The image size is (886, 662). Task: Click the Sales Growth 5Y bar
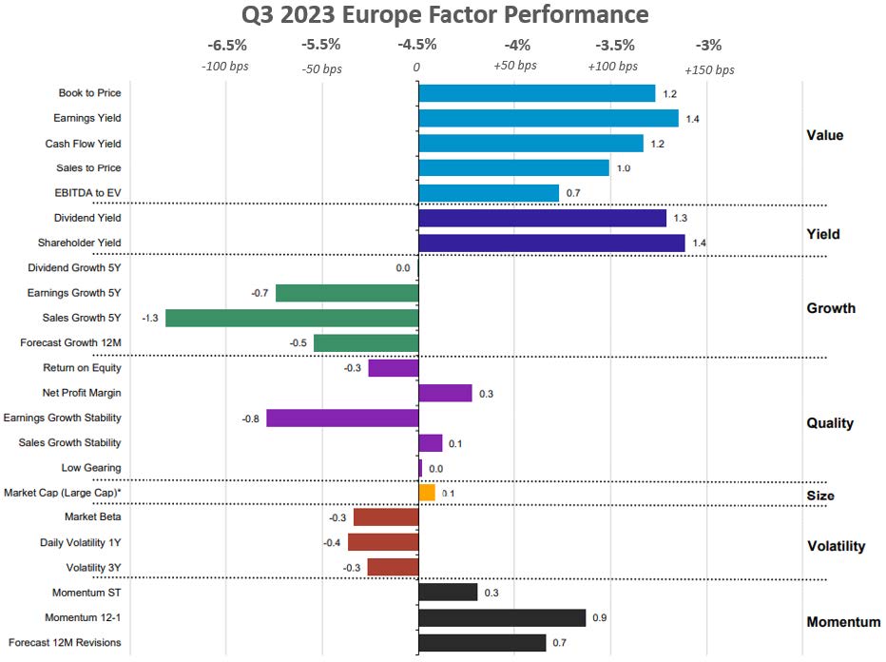(292, 318)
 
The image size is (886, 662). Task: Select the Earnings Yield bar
(549, 118)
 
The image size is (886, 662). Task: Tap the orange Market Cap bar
(427, 493)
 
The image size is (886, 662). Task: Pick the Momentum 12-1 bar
(502, 617)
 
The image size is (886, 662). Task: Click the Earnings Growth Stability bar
(342, 418)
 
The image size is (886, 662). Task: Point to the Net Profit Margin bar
(445, 393)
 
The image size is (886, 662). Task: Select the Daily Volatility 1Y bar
(383, 542)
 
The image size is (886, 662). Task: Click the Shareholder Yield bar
(551, 243)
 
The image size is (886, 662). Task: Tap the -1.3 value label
(149, 318)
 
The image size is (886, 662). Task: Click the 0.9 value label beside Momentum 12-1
(600, 617)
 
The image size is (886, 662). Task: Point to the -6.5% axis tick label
(227, 45)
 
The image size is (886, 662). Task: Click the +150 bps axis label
(709, 69)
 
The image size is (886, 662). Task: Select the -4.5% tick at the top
(417, 45)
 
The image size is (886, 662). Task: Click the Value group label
(824, 135)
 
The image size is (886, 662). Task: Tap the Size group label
(820, 496)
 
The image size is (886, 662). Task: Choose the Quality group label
(830, 423)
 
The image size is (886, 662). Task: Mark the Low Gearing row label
(91, 468)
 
